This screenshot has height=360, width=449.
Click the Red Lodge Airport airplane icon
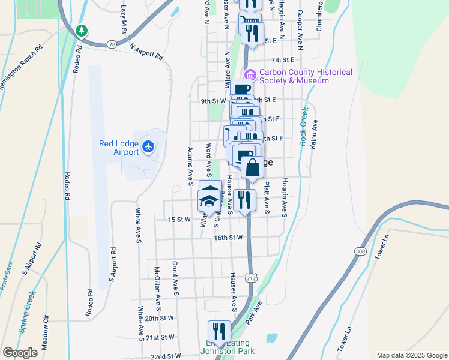[x=148, y=145]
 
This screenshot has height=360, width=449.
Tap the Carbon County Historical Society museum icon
[x=250, y=76]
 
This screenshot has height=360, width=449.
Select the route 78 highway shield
[x=112, y=44]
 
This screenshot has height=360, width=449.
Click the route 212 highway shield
[x=251, y=278]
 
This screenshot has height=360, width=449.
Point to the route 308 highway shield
[x=359, y=251]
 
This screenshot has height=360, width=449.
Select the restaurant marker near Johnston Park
[x=219, y=331]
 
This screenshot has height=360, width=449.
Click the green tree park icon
[x=82, y=30]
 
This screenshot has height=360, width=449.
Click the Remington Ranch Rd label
[x=22, y=68]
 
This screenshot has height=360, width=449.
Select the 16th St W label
[x=228, y=238]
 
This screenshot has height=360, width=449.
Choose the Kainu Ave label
[x=313, y=135]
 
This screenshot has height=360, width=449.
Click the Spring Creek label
[x=27, y=311]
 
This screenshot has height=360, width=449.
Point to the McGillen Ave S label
[x=157, y=283]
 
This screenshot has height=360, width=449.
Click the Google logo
[x=20, y=352]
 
